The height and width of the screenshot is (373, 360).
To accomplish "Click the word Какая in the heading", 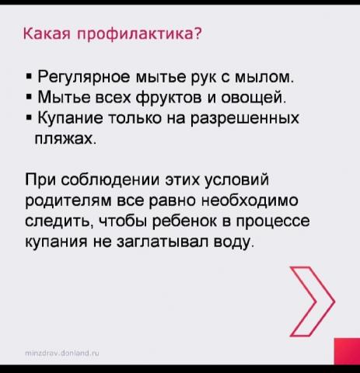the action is (x=47, y=33).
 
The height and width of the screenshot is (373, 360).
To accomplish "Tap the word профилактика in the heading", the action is (x=135, y=34).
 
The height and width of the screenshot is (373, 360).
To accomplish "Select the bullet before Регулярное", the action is (x=29, y=77).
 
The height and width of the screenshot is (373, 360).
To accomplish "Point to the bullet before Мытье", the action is (x=29, y=98).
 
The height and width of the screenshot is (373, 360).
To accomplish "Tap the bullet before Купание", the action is (x=29, y=118).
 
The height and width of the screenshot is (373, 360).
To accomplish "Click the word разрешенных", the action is (x=245, y=119).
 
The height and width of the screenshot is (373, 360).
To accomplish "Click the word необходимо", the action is (x=250, y=200).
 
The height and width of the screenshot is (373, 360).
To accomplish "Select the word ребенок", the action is (x=183, y=221).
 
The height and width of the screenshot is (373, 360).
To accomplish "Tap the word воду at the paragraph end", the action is (x=232, y=242).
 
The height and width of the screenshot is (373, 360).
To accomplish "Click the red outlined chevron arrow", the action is (x=313, y=302).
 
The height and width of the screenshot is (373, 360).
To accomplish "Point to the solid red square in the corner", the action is (x=347, y=351).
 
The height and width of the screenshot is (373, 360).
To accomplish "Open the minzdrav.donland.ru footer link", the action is (x=62, y=353).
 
